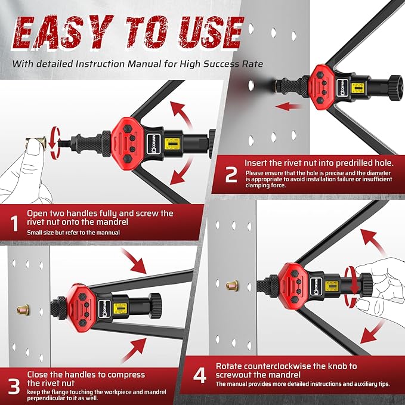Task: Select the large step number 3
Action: pos(13,384)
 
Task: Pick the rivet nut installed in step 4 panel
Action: pos(230,287)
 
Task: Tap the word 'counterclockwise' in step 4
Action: pos(280,365)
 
